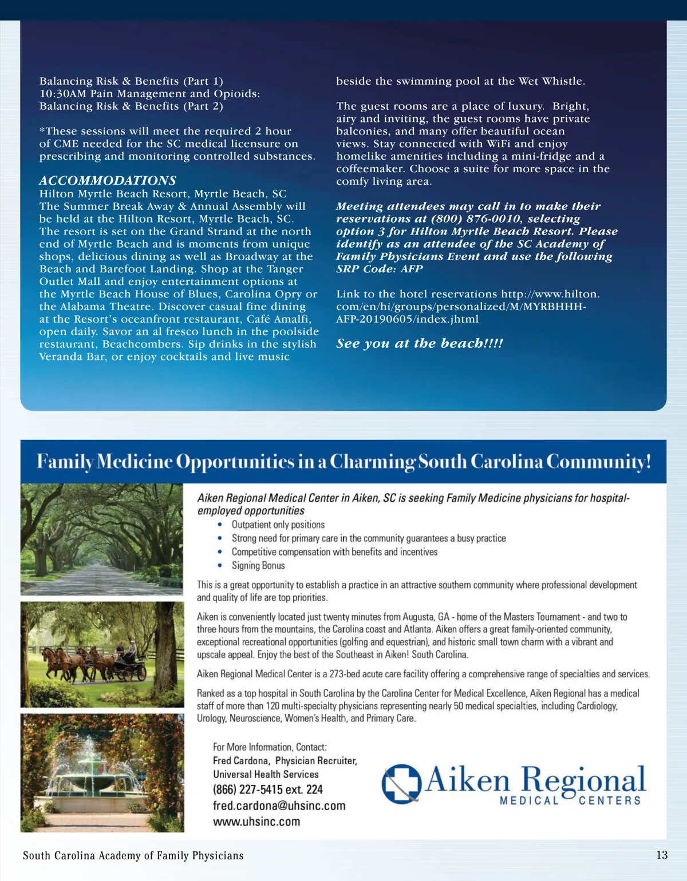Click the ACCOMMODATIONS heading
coord(108,180)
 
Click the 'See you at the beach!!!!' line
coord(420,343)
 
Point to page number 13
coord(662,855)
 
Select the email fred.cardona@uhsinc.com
coord(279,805)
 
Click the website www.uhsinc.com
coord(256,822)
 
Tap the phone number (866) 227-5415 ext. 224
coord(268,789)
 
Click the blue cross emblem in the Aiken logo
coord(401,783)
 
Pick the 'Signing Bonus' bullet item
coord(258,565)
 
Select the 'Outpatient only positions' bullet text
coord(278,525)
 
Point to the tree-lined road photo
coord(102,539)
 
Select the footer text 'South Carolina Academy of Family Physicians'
coord(133,856)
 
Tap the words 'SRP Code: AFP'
coord(380,269)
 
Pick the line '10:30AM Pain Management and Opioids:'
coord(149,93)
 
